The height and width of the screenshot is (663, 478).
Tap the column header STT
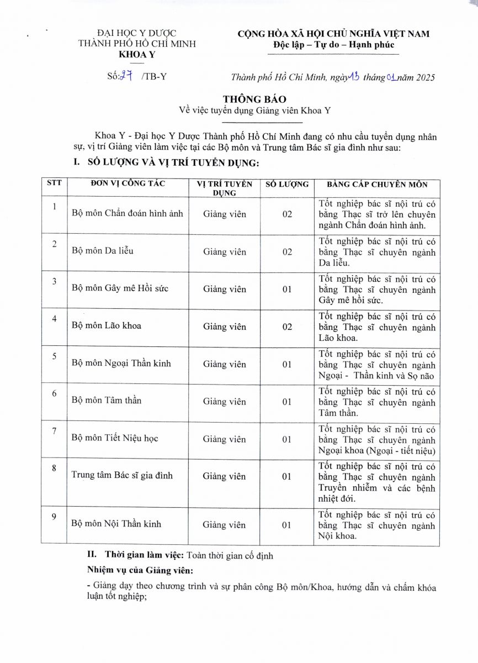54,183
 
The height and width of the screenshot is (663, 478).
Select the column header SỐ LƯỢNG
287,185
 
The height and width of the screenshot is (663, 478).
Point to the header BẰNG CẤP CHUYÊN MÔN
376,185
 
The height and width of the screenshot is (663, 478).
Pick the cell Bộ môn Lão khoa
106,325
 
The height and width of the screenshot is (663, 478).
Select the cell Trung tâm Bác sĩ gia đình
122,475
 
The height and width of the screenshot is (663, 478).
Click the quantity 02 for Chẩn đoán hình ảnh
287,214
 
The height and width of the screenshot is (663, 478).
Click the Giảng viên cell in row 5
224,364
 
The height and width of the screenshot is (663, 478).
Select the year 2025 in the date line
424,77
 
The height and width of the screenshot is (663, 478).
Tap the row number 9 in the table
54,517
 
